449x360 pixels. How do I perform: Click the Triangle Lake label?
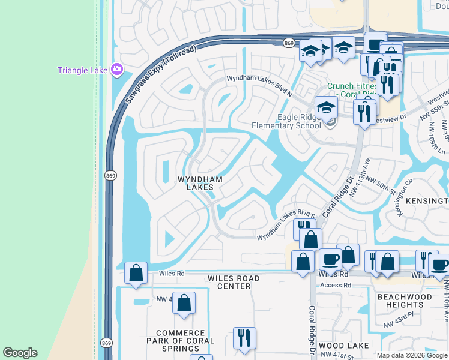(x=82, y=70)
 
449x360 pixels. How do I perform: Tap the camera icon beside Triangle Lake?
(x=116, y=70)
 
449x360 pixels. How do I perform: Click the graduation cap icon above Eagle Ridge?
(x=326, y=107)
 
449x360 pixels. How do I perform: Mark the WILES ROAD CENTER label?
(x=234, y=282)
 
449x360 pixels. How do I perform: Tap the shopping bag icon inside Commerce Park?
(x=184, y=302)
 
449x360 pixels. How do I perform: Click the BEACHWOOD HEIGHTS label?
(x=404, y=301)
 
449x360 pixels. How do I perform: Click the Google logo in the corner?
(x=20, y=353)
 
